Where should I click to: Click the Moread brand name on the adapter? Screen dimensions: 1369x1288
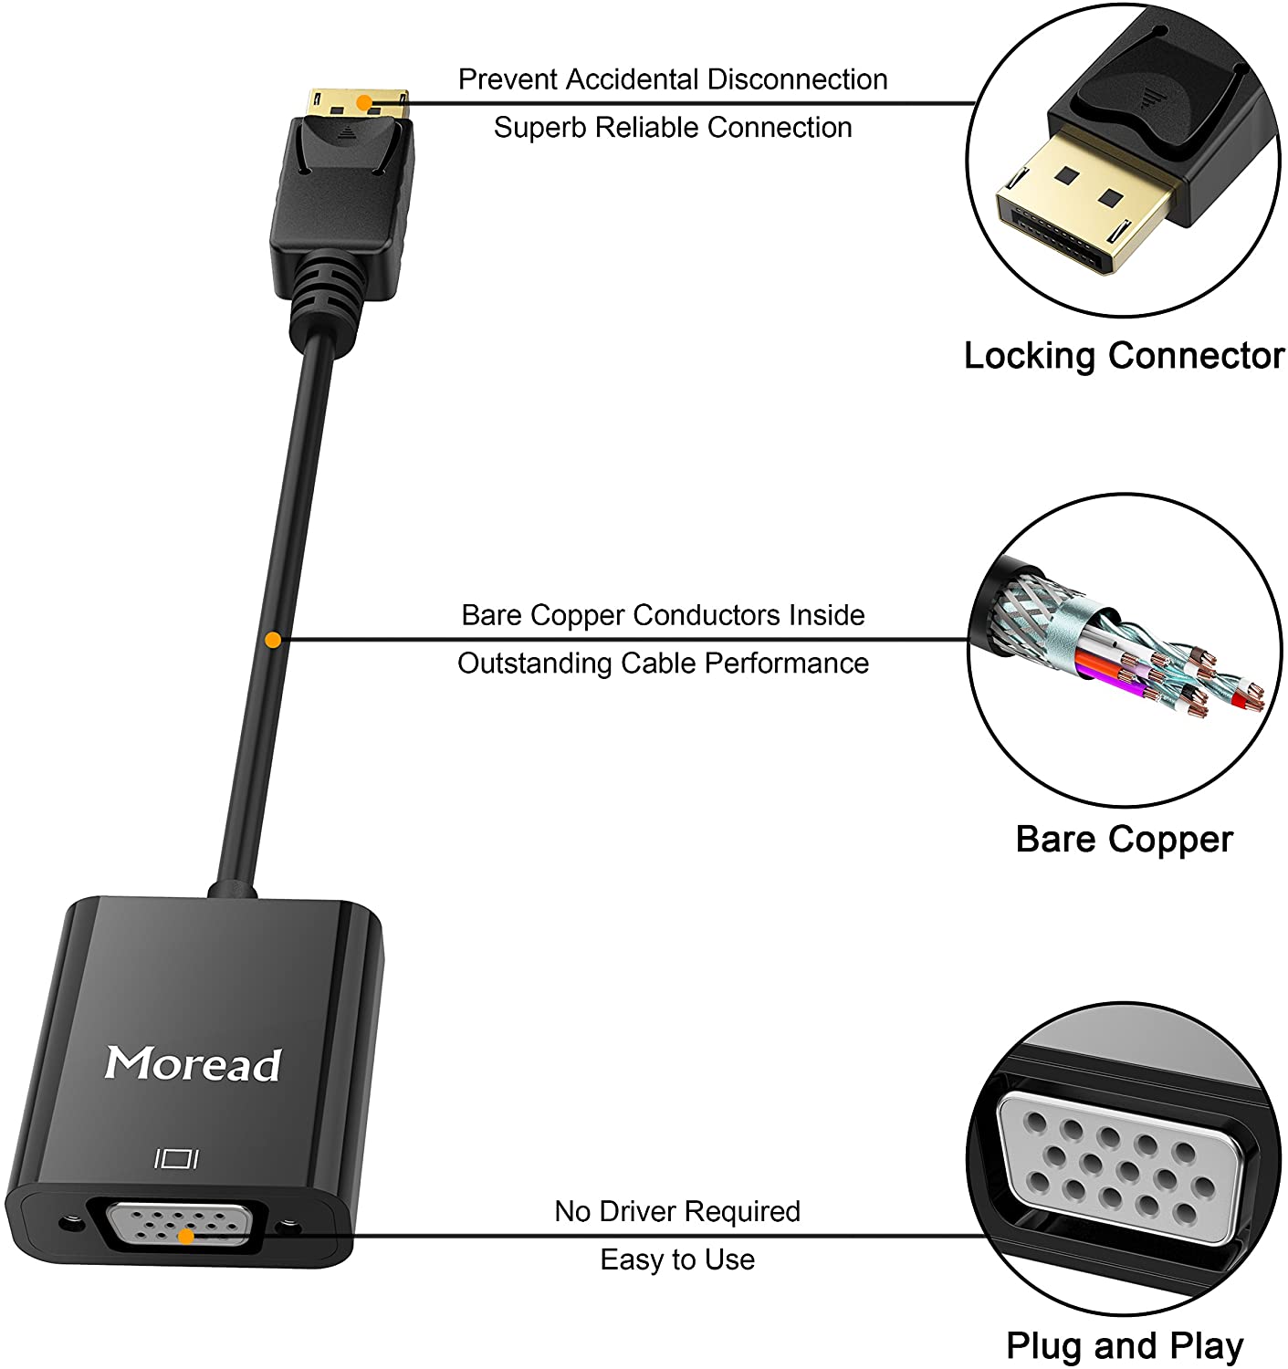[x=193, y=1063]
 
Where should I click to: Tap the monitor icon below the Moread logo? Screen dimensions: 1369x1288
[x=177, y=1159]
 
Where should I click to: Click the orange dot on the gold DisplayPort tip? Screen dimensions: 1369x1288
[x=363, y=103]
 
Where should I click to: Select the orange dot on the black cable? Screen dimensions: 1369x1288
[x=272, y=640]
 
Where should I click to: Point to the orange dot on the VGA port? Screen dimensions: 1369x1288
[x=185, y=1237]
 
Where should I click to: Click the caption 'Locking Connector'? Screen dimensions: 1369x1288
[x=1124, y=355]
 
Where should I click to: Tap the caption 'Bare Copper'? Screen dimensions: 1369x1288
[x=1124, y=839]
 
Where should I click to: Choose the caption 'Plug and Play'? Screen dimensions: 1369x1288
[x=1124, y=1344]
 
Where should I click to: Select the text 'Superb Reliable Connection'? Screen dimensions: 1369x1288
[x=673, y=127]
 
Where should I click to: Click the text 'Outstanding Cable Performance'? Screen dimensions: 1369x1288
[x=663, y=663]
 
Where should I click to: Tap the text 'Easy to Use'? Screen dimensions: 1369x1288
[x=677, y=1259]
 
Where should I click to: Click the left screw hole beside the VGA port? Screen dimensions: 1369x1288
[x=67, y=1222]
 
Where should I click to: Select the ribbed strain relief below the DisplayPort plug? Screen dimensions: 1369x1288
[x=326, y=292]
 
